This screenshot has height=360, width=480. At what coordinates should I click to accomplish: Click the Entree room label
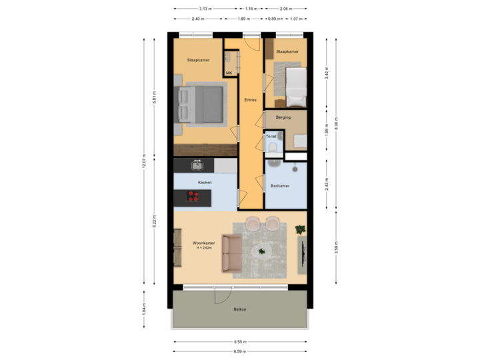[x=251, y=100]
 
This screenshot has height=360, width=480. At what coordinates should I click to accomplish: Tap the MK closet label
[x=229, y=73]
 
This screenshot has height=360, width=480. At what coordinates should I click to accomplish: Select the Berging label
[x=283, y=117]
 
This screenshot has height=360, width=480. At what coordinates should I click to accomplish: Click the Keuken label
[x=205, y=181]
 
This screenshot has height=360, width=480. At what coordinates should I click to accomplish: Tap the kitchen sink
[x=197, y=165]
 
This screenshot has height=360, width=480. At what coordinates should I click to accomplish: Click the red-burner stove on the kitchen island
[x=193, y=197]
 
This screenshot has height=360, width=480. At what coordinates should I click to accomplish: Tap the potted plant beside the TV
[x=300, y=230]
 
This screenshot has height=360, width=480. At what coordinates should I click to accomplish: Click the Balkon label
[x=240, y=309]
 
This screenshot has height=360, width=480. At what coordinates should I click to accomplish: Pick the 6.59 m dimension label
[x=240, y=351]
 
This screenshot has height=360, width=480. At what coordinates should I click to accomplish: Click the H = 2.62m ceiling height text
[x=204, y=249]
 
